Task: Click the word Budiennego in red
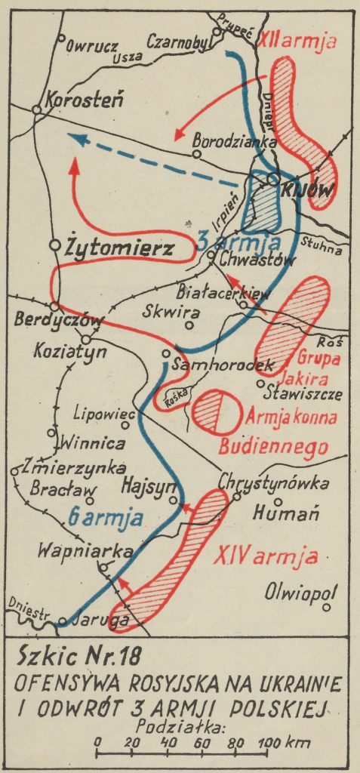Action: pyautogui.click(x=273, y=445)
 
